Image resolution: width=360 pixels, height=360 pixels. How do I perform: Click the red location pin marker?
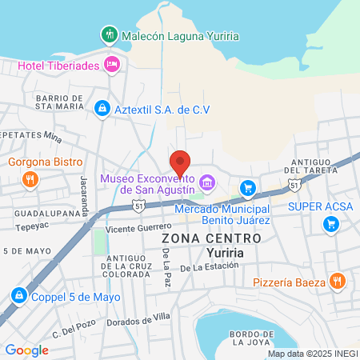(181, 161)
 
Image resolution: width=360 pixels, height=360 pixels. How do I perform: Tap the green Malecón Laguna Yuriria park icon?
(109, 34)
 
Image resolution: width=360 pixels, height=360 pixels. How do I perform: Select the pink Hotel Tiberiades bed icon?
(112, 64)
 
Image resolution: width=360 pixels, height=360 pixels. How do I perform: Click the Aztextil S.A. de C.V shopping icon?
(102, 109)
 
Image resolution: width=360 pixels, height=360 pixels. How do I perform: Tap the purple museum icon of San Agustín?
(208, 183)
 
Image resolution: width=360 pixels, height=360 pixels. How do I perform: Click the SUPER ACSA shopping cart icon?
(330, 225)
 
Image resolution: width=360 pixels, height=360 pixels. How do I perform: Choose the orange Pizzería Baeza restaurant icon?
(338, 282)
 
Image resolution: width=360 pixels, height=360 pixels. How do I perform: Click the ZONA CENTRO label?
(211, 238)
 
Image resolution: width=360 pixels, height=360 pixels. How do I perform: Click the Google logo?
(26, 350)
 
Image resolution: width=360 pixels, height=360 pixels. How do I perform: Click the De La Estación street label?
(211, 268)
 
